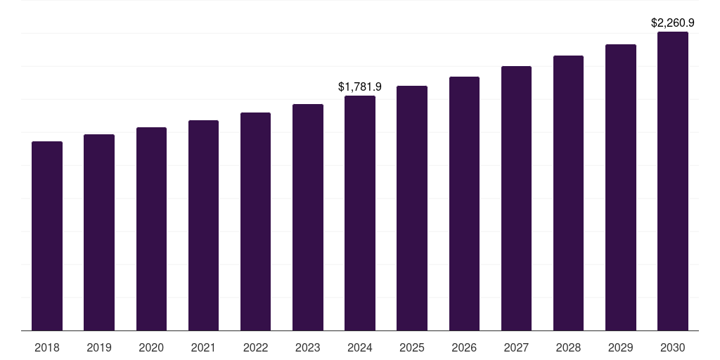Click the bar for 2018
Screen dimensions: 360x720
pyautogui.click(x=47, y=236)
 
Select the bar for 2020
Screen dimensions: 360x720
pyautogui.click(x=151, y=229)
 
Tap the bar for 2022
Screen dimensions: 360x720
pyautogui.click(x=255, y=221)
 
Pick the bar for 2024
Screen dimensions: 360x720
pyautogui.click(x=360, y=213)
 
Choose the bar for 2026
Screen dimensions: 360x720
pyautogui.click(x=464, y=203)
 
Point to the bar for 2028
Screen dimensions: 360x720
pyautogui.click(x=568, y=193)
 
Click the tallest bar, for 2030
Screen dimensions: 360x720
pyautogui.click(x=673, y=181)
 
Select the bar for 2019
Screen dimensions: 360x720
pyautogui.click(x=99, y=232)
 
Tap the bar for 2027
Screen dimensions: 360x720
pyautogui.click(x=516, y=198)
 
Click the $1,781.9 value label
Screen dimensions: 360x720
pyautogui.click(x=360, y=87)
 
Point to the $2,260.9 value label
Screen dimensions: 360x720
pyautogui.click(x=673, y=23)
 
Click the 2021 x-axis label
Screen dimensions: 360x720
pyautogui.click(x=203, y=348)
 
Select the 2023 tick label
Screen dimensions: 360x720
pyautogui.click(x=308, y=348)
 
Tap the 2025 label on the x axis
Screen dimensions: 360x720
pyautogui.click(x=412, y=348)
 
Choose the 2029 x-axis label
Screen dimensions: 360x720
pyautogui.click(x=621, y=348)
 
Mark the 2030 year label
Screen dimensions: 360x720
pyautogui.click(x=673, y=348)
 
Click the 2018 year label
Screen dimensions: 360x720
pyautogui.click(x=47, y=348)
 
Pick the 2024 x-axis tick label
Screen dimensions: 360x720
pyautogui.click(x=360, y=348)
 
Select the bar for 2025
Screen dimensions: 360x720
pyautogui.click(x=412, y=208)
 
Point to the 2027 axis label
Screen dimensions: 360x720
pyautogui.click(x=516, y=348)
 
